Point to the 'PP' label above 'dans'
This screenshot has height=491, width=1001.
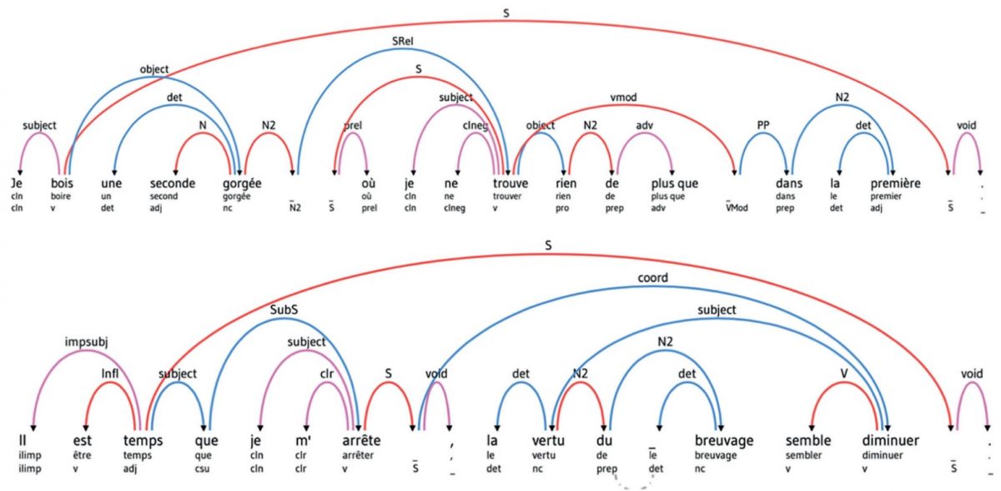coord(762,125)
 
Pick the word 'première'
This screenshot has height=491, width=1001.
coord(891,183)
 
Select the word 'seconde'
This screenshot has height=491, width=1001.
coord(172,183)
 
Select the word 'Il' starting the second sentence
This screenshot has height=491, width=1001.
coord(27,437)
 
